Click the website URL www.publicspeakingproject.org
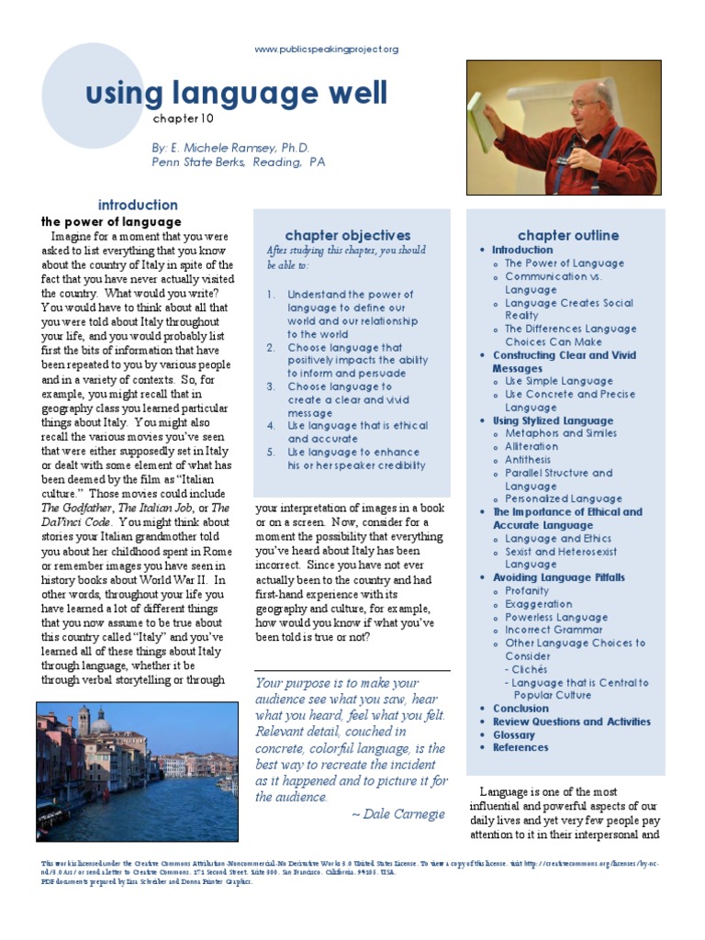(326, 50)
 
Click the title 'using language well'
(236, 93)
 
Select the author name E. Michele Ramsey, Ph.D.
(230, 147)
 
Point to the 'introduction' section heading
(138, 205)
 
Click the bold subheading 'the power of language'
(111, 222)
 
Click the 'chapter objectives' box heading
(348, 236)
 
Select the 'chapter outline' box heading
(568, 236)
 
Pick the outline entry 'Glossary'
(514, 734)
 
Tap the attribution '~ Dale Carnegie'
(397, 813)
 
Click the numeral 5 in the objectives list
(271, 452)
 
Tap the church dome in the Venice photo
(103, 725)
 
